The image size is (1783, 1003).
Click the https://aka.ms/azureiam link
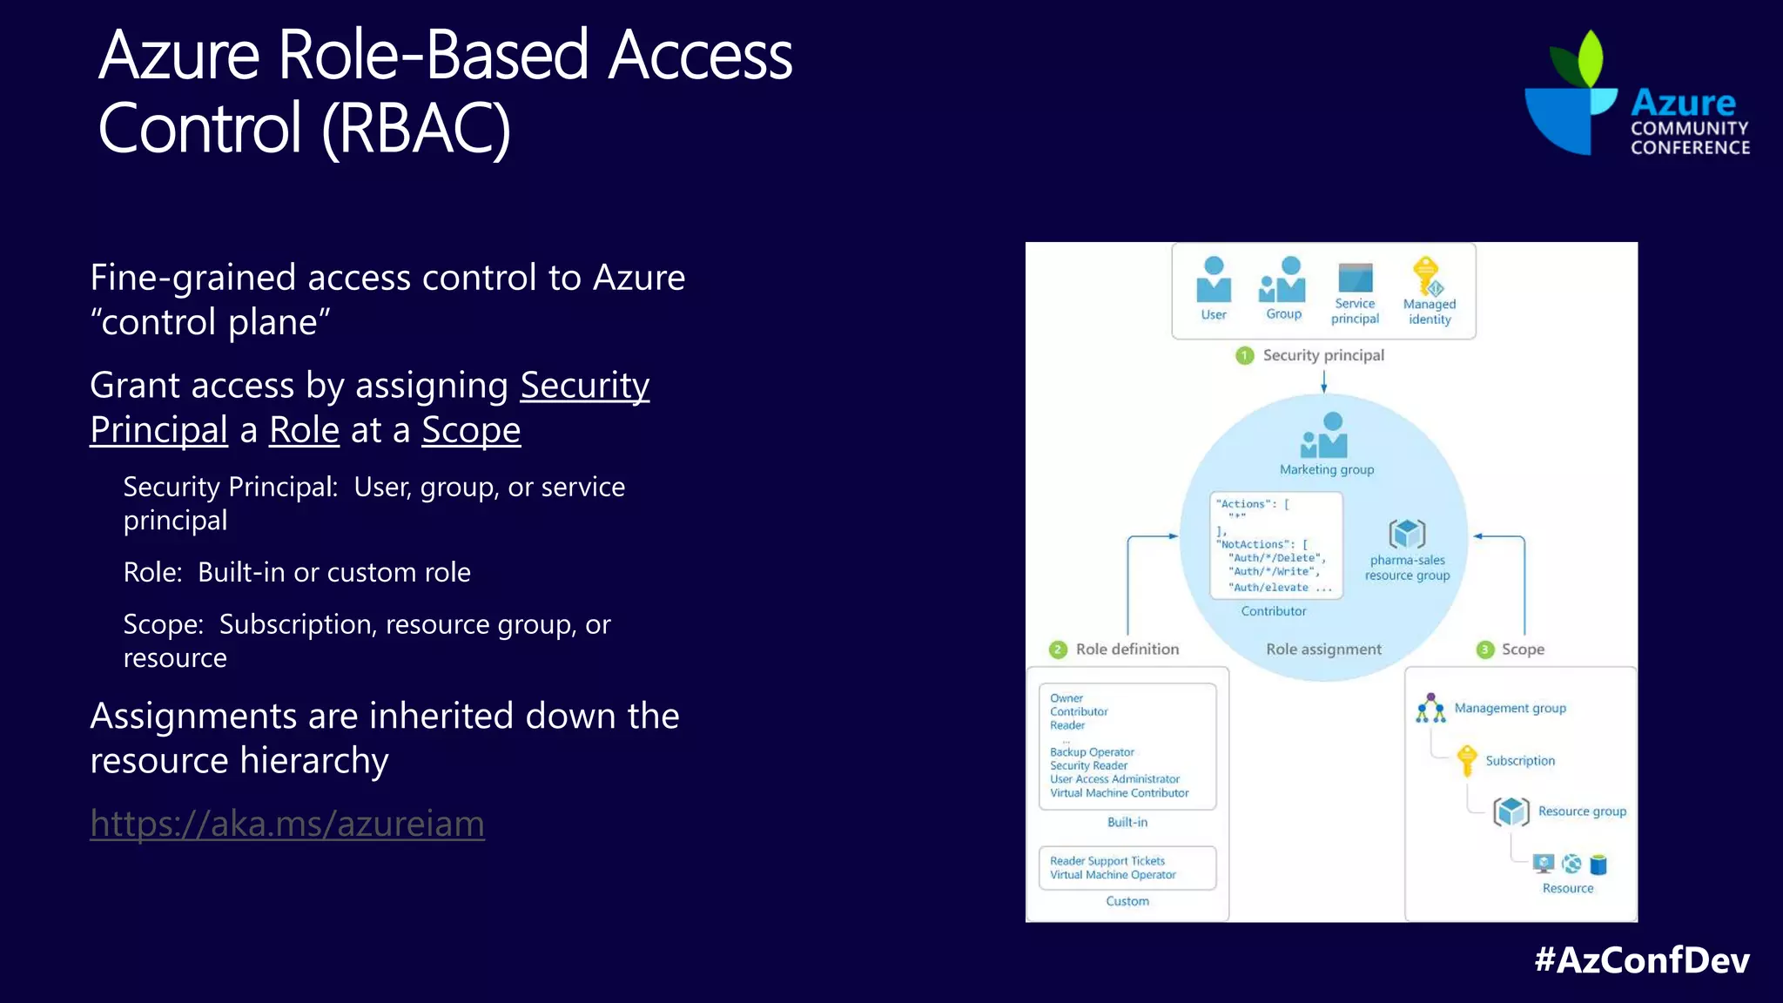(287, 824)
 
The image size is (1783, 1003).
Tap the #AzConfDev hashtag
(1642, 959)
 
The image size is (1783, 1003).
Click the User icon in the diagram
(1214, 280)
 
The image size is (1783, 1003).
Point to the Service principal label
(1355, 311)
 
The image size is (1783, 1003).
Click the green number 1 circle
(1245, 355)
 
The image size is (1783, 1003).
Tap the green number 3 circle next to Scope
(1485, 650)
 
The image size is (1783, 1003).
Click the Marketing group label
(1327, 469)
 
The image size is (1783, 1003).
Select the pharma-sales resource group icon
(1407, 534)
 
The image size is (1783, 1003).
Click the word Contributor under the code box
(1274, 611)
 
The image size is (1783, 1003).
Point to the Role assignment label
(1323, 650)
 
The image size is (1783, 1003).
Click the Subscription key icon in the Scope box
(1467, 759)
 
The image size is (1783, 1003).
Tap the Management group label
(1510, 708)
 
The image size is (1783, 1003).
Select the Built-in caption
(1127, 822)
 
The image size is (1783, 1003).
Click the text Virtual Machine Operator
(1113, 875)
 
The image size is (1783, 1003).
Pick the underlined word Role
(304, 430)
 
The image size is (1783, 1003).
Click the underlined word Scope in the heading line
(471, 430)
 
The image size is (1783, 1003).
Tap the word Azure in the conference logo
(1683, 103)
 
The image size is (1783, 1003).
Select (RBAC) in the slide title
(416, 129)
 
